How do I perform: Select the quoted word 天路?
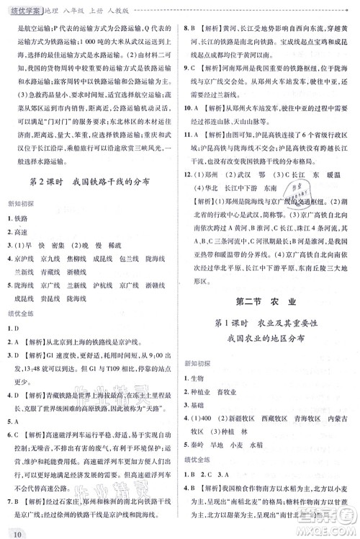click(x=147, y=409)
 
